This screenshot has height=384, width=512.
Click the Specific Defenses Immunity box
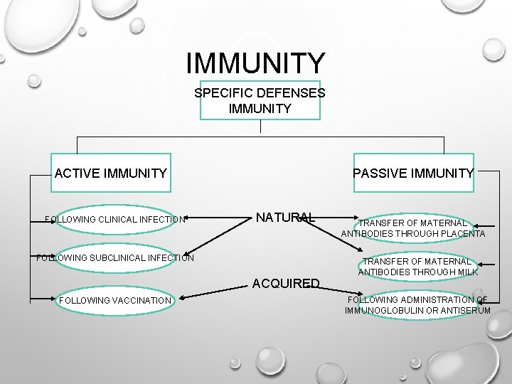tap(260, 100)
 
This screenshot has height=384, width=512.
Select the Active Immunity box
tap(111, 172)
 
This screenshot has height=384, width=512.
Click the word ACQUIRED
tap(287, 283)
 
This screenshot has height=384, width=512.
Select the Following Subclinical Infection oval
tap(114, 257)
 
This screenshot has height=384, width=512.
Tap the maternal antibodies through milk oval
tap(418, 266)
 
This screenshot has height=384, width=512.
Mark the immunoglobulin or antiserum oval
tap(417, 305)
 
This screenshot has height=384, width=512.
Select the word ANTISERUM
tap(464, 311)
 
